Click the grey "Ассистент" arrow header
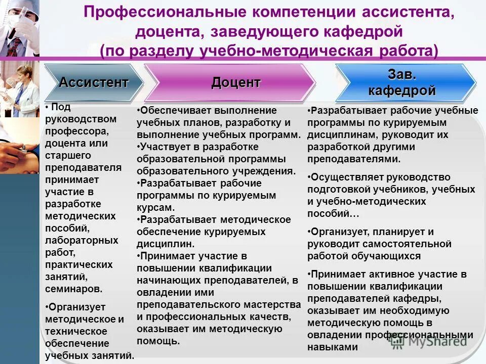94,82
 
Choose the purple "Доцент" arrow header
236,82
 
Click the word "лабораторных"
82,240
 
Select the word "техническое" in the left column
76,331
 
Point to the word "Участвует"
164,147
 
